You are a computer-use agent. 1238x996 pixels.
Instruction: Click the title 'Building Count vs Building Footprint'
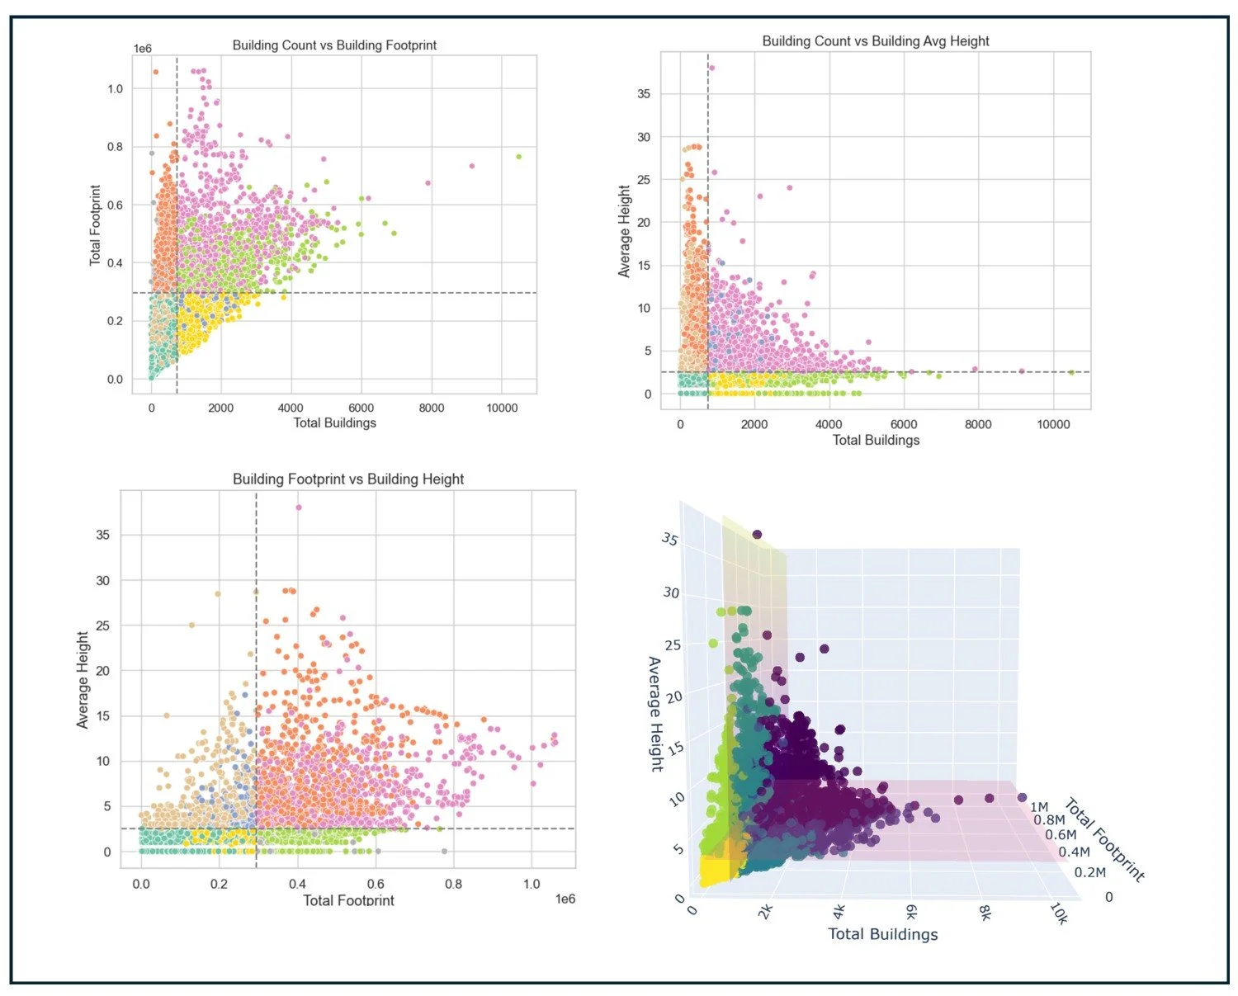334,45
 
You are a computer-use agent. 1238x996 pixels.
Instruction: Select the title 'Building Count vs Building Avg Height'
875,41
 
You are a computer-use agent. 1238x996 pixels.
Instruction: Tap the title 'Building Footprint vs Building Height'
348,479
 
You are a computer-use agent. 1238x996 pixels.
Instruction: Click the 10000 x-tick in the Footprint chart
502,408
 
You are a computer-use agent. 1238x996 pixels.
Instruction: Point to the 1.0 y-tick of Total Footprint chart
116,89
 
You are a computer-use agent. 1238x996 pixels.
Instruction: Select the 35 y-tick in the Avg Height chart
644,94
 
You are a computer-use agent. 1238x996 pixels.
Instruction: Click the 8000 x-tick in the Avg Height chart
978,424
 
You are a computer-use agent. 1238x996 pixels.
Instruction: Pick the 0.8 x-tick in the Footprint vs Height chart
453,884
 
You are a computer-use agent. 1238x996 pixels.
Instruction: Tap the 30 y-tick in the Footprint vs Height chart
102,581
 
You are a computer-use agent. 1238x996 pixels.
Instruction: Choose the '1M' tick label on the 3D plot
1039,807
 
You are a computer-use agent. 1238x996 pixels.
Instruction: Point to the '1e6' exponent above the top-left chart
143,49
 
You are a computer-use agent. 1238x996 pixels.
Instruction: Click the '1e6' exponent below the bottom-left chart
565,899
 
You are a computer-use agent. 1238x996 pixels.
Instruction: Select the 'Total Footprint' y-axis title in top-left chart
96,225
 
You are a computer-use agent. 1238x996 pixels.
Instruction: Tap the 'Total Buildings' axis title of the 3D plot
882,934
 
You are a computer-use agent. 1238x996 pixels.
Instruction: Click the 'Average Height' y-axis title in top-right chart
624,231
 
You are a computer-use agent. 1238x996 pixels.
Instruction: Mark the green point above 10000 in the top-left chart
518,156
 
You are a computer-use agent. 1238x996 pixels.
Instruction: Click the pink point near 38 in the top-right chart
711,68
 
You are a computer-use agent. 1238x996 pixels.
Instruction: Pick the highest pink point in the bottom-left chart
299,507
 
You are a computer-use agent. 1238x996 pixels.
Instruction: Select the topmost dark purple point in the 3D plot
757,535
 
